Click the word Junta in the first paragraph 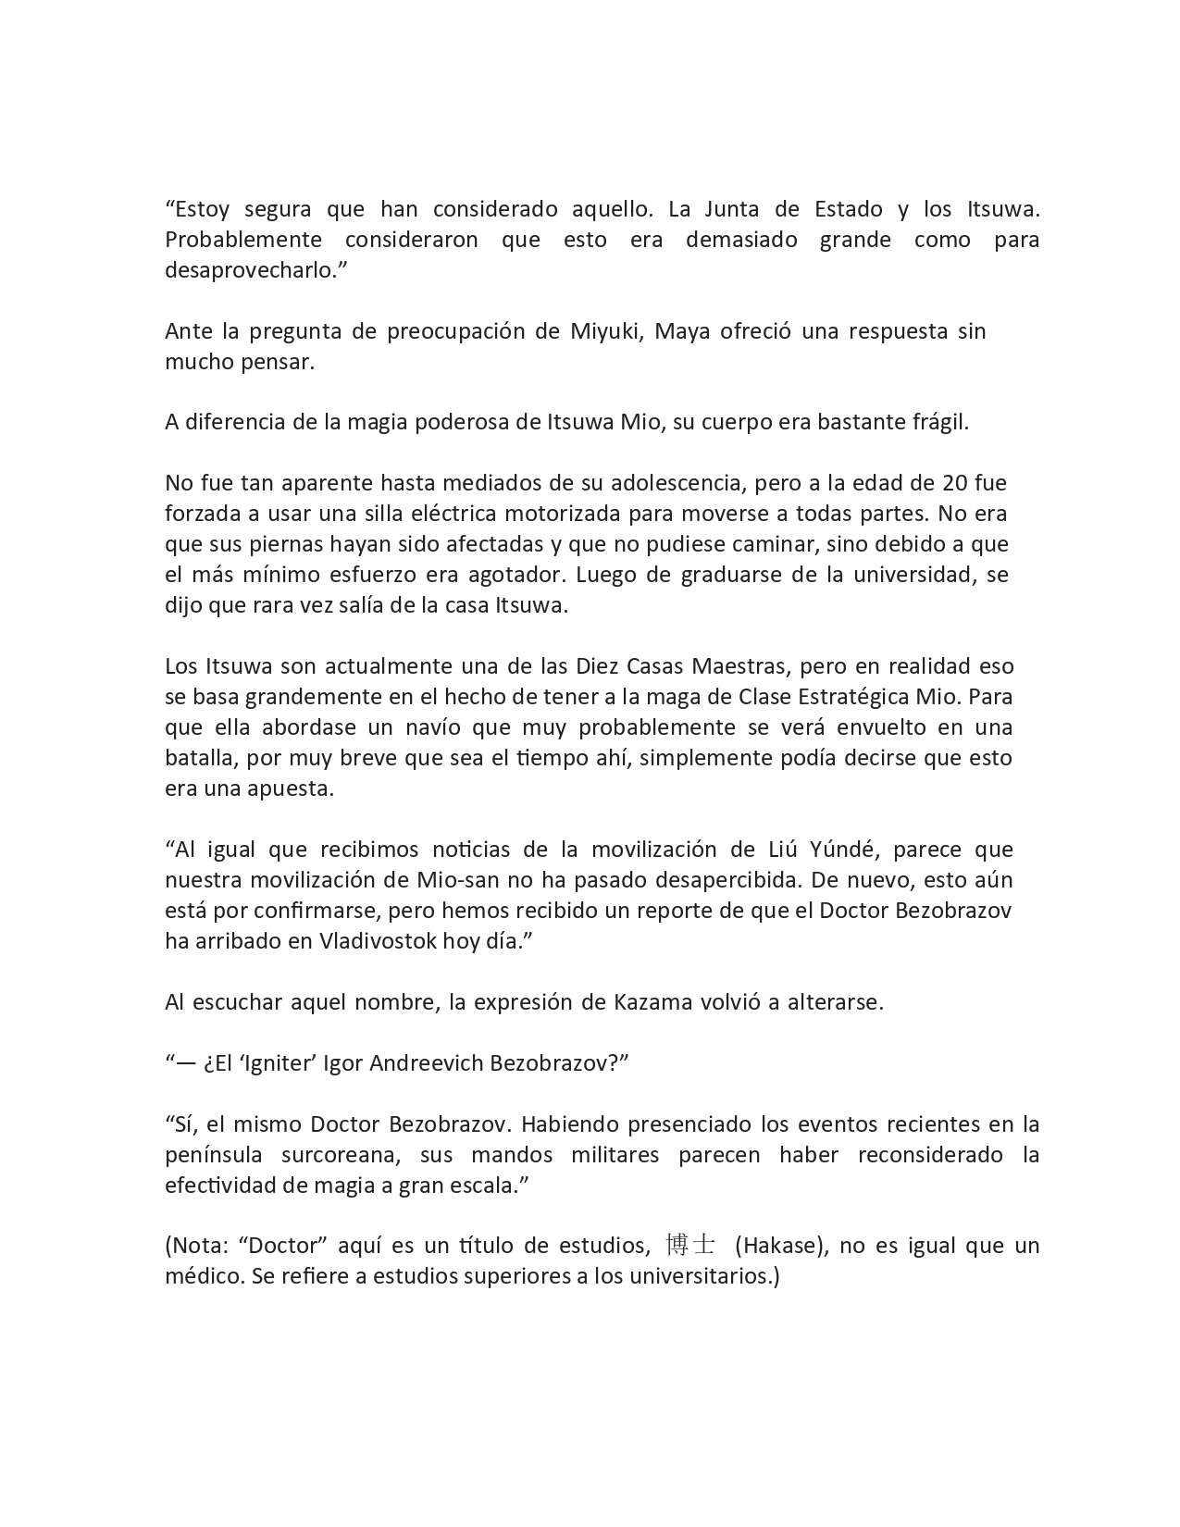pyautogui.click(x=732, y=209)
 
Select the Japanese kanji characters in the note pyautogui.click(x=689, y=1246)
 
